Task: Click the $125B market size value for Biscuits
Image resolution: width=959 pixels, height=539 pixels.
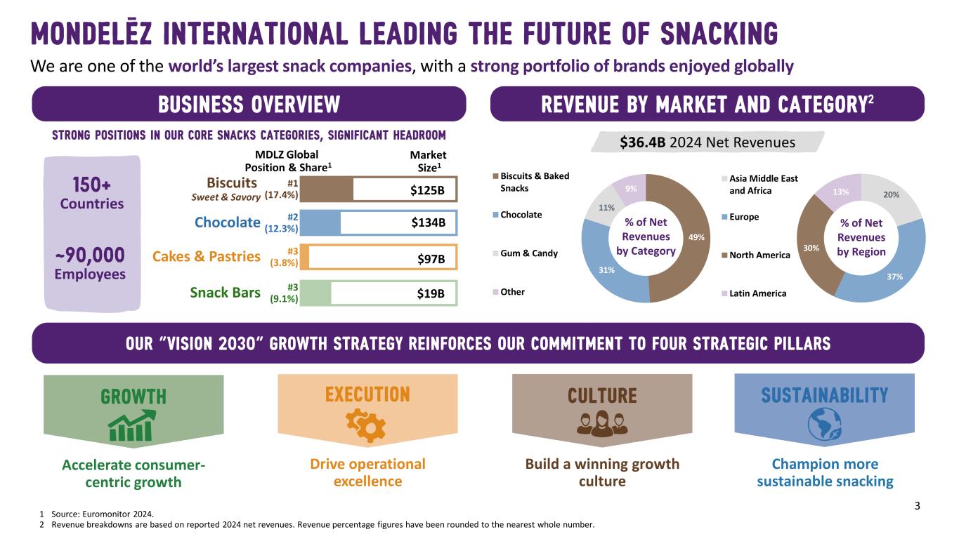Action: point(428,190)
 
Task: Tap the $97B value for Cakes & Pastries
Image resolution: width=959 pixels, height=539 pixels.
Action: point(431,259)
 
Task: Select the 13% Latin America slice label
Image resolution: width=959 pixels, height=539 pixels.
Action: point(839,192)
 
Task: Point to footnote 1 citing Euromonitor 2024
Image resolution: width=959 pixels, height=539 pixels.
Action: point(91,514)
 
